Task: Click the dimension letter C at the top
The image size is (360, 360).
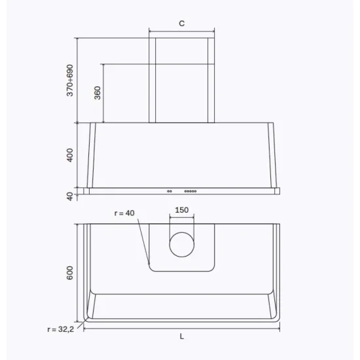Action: (181, 24)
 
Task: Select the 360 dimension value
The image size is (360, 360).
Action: (97, 92)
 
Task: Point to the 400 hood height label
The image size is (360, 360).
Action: (71, 155)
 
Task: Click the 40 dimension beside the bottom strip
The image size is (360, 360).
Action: (71, 196)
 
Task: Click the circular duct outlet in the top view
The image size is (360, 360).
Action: (181, 245)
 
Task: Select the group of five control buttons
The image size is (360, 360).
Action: (190, 191)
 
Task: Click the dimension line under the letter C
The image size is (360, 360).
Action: (181, 30)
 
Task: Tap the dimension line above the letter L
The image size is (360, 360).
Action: (182, 329)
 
